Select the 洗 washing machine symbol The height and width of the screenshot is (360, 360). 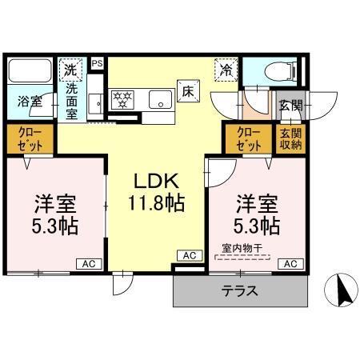72,70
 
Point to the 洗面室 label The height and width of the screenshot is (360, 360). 71,99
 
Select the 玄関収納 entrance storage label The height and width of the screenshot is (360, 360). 290,139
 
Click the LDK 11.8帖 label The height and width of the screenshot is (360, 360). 155,192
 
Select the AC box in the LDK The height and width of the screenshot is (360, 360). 189,255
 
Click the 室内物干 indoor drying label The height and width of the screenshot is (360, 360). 242,249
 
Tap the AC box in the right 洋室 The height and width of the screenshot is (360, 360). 291,263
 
